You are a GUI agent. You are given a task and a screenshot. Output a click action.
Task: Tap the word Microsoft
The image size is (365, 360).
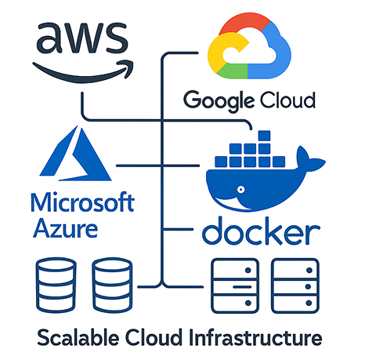(x=81, y=204)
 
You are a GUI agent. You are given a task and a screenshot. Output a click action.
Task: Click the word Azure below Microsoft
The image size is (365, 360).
(x=66, y=230)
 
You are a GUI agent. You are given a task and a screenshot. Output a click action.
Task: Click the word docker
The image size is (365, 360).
(x=261, y=232)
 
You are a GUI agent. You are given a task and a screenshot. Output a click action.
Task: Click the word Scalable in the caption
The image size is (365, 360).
(x=75, y=340)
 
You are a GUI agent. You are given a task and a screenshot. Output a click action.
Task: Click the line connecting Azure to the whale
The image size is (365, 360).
(x=157, y=166)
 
